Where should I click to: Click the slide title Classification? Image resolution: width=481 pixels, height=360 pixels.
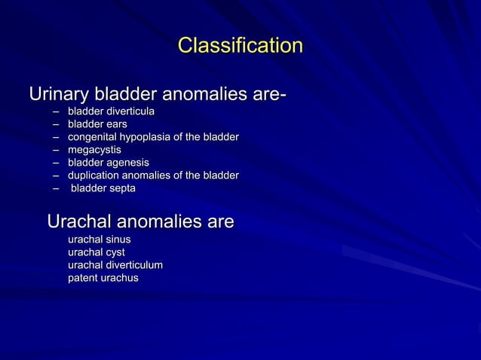[240, 46]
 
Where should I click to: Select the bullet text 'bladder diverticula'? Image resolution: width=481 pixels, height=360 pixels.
[112, 111]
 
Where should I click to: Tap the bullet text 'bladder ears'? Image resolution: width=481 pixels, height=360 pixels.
[97, 124]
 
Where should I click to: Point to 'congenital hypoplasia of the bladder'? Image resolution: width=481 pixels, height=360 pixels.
[153, 137]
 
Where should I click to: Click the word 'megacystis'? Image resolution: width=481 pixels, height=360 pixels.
[94, 150]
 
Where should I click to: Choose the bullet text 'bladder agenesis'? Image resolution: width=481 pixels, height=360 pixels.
[109, 163]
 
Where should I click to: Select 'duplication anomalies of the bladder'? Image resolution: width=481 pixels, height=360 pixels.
[153, 175]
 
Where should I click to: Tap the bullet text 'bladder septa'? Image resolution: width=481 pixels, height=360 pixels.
[103, 188]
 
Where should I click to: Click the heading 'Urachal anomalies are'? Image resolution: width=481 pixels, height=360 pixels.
[140, 222]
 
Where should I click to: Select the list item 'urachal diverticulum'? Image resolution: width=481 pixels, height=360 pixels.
[115, 265]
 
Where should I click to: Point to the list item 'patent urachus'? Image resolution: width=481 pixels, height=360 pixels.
[103, 278]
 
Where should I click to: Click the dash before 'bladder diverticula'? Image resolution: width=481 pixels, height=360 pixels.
[57, 112]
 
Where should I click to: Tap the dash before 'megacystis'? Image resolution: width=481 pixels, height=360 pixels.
[57, 151]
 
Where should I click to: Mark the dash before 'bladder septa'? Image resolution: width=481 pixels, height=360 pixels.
[57, 189]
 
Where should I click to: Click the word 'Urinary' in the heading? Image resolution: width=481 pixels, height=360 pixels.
[58, 96]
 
